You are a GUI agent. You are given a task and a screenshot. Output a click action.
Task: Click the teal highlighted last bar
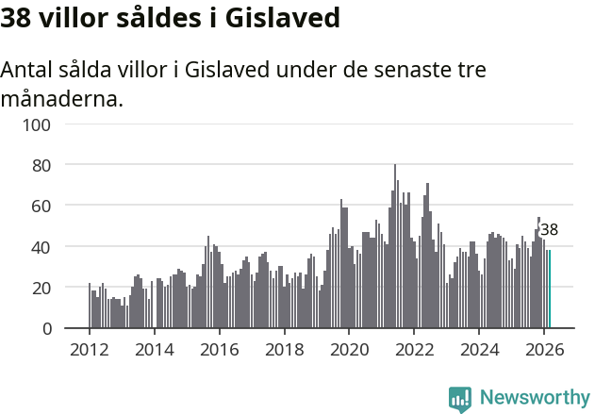(x=549, y=289)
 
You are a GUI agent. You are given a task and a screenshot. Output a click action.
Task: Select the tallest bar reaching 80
(x=395, y=247)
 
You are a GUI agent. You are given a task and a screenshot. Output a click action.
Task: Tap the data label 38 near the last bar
(x=549, y=230)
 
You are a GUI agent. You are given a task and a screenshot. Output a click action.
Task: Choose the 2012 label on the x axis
(x=90, y=349)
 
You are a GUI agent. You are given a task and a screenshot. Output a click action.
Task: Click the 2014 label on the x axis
(x=155, y=349)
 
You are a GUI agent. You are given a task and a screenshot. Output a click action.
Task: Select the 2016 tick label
(x=220, y=349)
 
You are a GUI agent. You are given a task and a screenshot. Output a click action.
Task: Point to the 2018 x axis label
(x=285, y=349)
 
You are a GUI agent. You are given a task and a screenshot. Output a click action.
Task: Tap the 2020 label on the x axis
(x=350, y=349)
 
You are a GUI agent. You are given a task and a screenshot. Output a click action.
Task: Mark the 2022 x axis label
(x=415, y=349)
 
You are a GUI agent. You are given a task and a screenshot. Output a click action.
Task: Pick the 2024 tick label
(x=480, y=349)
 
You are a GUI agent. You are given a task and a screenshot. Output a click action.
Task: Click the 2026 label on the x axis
(x=545, y=349)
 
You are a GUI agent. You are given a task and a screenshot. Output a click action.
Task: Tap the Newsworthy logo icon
(x=460, y=399)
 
